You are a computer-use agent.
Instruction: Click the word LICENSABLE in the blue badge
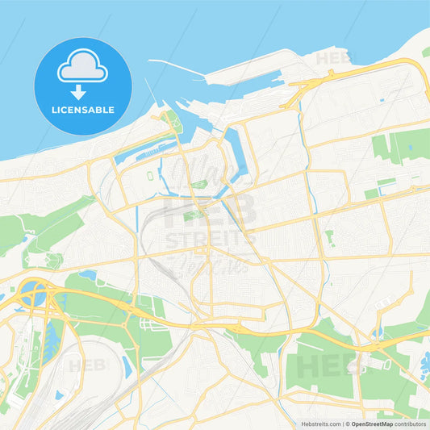tap(83, 109)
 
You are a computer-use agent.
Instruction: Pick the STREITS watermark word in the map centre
tap(210, 240)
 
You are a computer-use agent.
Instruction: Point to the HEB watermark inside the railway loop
tap(86, 365)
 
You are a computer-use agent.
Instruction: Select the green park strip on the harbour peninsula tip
tap(170, 123)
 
